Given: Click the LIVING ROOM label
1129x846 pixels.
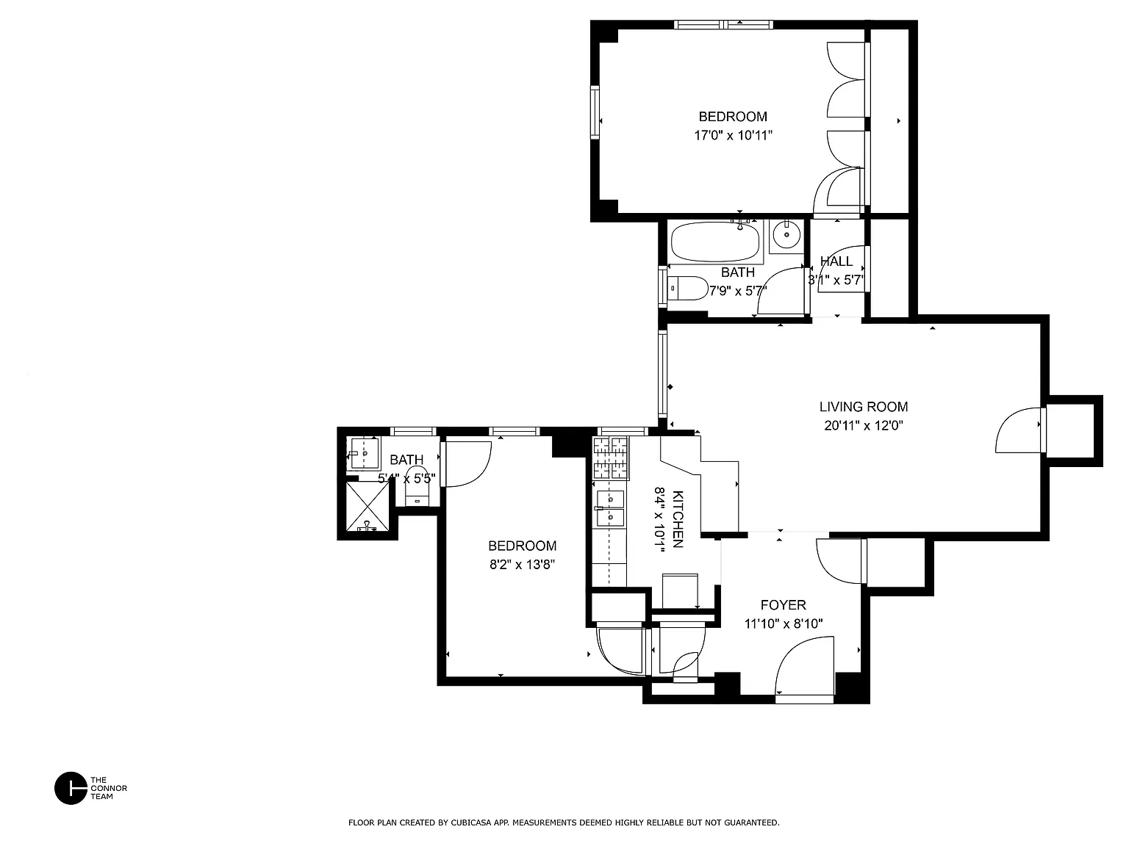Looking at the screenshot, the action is point(863,407).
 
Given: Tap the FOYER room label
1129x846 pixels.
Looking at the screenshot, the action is point(783,604).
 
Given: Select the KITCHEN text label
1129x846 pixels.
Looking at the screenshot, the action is point(678,518).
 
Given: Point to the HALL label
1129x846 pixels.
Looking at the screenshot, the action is point(836,261).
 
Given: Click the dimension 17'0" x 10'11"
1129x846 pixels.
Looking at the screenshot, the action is point(733,136).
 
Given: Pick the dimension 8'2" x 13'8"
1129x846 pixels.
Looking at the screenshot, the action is point(522,565).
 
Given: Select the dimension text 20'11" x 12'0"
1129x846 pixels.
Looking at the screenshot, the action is point(864,426).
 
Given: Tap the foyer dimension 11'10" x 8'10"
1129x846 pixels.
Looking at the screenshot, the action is point(784,623).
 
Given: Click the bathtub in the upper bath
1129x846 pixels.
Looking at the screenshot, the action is point(715,242).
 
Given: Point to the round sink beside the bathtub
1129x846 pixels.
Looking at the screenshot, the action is point(786,235).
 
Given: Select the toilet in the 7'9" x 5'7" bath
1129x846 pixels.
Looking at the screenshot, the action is point(687,288).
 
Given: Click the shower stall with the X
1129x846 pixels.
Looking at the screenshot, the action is point(368,506).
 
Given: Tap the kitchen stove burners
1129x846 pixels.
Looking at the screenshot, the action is point(611,458).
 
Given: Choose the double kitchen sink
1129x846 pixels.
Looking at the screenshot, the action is point(610,508).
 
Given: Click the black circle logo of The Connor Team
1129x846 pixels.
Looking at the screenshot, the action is point(71,788).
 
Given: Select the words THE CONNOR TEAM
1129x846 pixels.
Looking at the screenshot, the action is point(109,788).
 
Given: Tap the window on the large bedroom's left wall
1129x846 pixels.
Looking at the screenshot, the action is point(595,112).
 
